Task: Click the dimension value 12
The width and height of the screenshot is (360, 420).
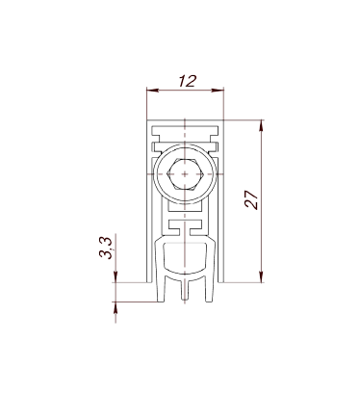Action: click(187, 81)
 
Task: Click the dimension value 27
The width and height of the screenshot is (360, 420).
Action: click(251, 199)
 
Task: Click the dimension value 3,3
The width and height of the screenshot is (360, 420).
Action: click(106, 248)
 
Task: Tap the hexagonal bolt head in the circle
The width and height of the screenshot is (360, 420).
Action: click(185, 174)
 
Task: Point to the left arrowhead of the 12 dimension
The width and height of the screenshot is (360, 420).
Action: click(152, 91)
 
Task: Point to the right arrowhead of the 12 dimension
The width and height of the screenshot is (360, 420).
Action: click(218, 91)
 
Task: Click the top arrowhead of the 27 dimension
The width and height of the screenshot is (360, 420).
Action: click(261, 125)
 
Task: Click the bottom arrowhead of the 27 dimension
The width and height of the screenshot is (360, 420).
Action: click(261, 276)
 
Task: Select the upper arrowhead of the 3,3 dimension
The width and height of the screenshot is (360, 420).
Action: click(116, 276)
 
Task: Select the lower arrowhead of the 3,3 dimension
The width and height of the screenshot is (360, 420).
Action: click(116, 307)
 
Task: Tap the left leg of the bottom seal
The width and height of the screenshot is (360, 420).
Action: click(161, 288)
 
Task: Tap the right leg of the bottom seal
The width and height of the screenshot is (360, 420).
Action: click(209, 288)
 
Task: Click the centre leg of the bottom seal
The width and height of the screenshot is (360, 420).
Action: click(185, 290)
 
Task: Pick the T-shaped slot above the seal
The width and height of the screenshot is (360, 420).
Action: click(185, 227)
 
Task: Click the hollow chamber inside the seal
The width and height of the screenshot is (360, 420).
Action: click(185, 258)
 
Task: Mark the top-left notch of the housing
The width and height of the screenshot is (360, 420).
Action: click(156, 134)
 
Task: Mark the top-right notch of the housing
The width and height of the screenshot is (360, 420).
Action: click(214, 134)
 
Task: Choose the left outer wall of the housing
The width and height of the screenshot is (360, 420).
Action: click(149, 201)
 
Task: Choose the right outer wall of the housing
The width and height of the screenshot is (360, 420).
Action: click(220, 201)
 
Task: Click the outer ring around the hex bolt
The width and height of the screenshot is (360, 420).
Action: click(185, 145)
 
